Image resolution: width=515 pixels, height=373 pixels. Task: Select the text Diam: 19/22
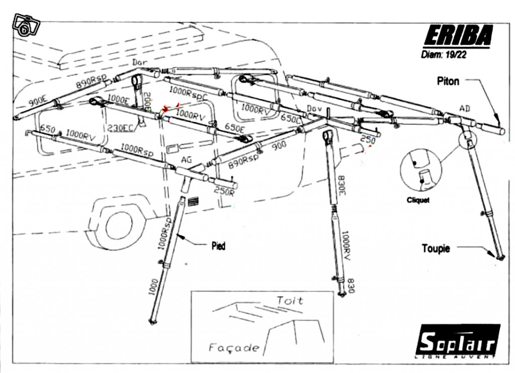[x=443, y=55]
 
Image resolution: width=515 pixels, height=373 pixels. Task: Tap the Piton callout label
[x=448, y=81]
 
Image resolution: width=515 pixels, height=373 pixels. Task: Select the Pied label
[x=218, y=246]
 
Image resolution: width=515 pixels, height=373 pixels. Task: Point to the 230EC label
[x=120, y=128]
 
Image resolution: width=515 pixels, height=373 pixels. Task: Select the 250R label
[x=224, y=191]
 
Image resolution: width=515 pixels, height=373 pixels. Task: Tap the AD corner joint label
[x=466, y=108]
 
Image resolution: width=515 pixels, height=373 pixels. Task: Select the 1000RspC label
[x=189, y=92]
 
